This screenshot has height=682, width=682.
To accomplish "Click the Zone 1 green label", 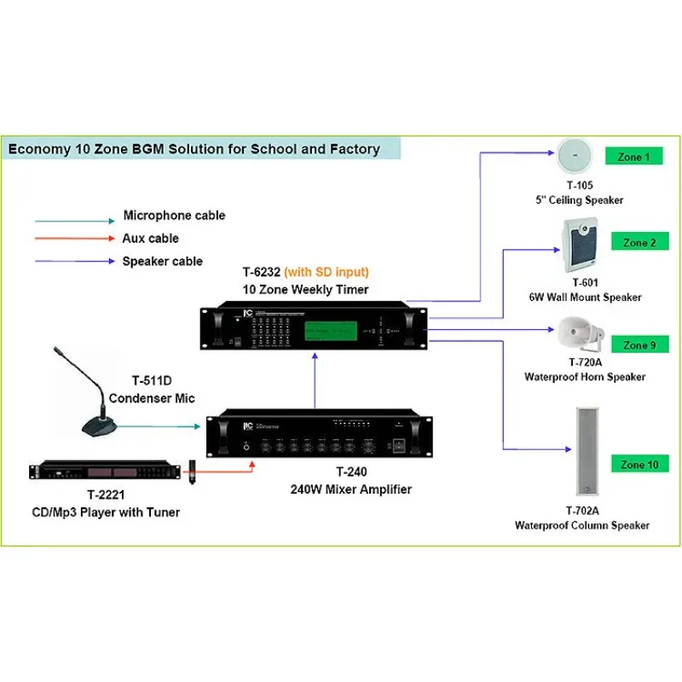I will pos(633,157).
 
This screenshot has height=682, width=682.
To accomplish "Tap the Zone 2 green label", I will pos(639,243).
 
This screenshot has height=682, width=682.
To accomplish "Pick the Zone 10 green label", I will pos(639,465).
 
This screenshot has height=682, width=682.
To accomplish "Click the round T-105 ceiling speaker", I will pos(577,157).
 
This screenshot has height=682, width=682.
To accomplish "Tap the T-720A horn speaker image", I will pos(581,334).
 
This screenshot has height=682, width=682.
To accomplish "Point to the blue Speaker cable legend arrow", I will pos(72,263).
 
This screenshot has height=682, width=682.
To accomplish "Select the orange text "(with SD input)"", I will pos(327,273).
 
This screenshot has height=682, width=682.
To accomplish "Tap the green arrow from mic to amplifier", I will pos(162,424).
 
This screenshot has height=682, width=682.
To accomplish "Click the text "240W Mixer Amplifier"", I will pos(338,489).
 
